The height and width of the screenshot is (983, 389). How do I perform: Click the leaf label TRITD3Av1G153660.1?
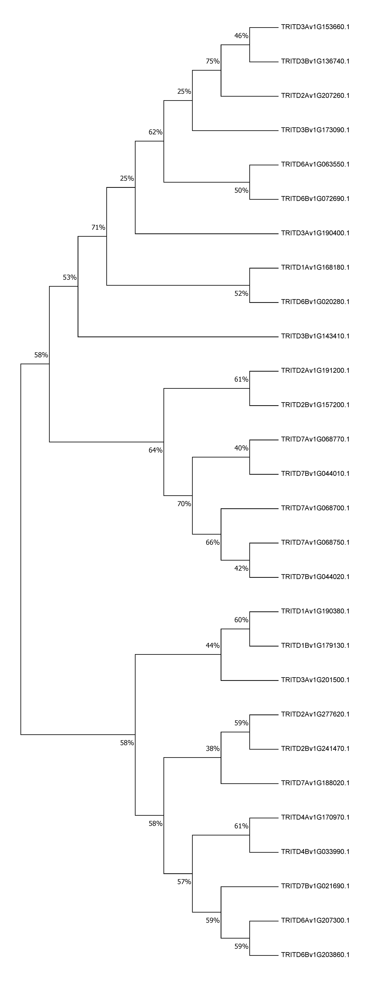315,27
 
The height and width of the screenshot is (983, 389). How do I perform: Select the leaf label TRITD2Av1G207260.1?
315,96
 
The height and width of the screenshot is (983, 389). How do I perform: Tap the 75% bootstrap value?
213,61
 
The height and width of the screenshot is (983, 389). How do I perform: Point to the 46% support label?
241,36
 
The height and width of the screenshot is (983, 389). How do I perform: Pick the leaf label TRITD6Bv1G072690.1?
315,199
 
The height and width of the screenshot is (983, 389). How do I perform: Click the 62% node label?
156,132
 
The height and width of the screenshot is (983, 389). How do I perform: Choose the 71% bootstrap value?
98,227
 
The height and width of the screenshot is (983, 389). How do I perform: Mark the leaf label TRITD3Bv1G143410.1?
315,336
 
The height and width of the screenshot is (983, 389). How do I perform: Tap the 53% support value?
70,277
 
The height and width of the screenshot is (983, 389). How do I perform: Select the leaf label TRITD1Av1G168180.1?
315,268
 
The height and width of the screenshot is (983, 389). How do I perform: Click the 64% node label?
156,450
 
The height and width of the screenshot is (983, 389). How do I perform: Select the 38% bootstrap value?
213,749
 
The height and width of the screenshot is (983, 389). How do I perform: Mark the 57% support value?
184,882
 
